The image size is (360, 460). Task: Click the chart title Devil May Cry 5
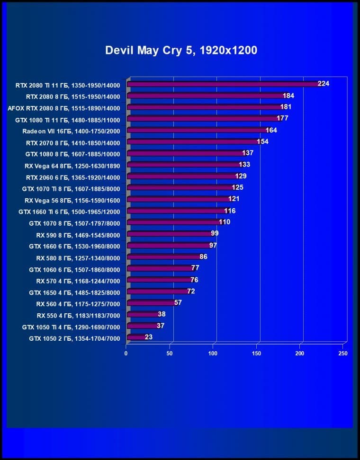click(x=181, y=50)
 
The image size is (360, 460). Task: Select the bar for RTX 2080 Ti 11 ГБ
click(x=223, y=84)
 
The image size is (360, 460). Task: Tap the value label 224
click(x=324, y=84)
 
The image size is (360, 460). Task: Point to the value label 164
click(x=271, y=130)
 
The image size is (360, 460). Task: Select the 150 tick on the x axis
click(x=256, y=354)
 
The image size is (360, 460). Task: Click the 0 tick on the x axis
click(x=126, y=354)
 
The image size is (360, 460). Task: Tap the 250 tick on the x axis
click(x=343, y=354)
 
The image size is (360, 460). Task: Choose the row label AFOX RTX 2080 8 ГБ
click(x=64, y=108)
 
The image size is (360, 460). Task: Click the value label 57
click(x=178, y=302)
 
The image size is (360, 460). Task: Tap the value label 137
click(x=248, y=153)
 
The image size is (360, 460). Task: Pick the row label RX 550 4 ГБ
click(x=78, y=315)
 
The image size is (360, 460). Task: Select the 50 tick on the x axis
click(x=169, y=354)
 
